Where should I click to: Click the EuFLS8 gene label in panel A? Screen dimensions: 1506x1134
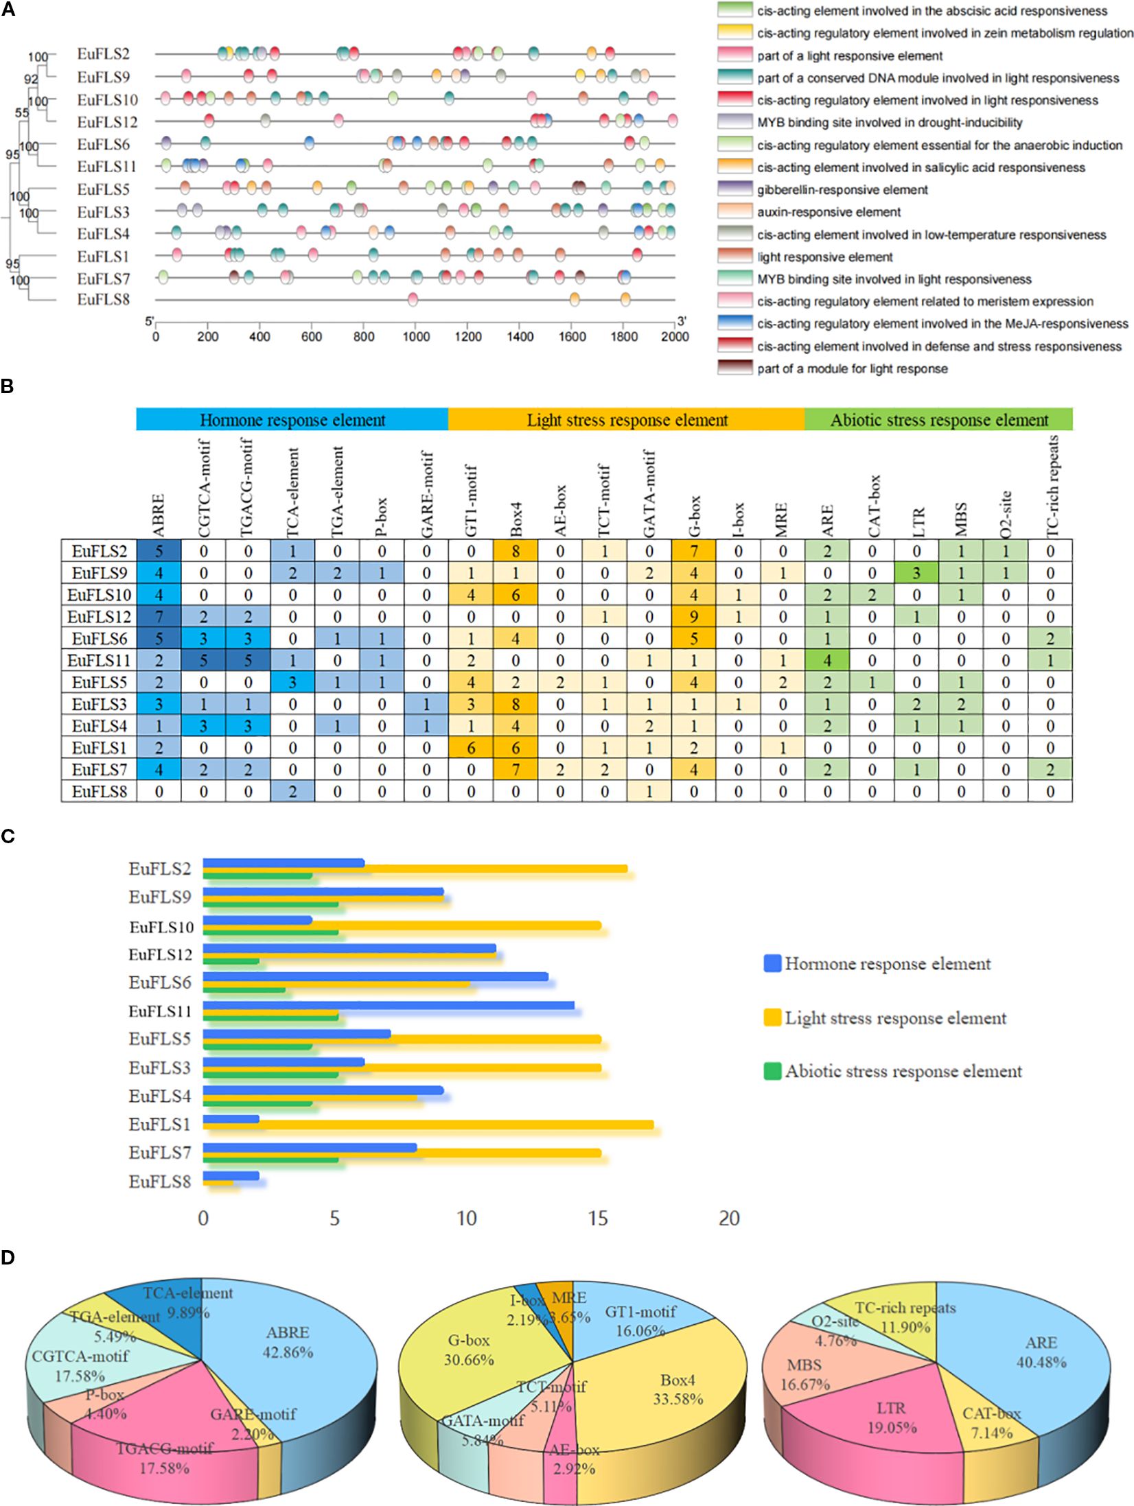tap(103, 300)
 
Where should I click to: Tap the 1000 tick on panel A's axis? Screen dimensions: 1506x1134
tap(415, 336)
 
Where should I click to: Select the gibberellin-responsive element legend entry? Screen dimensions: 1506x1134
tap(842, 190)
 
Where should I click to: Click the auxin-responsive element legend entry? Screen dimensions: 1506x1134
tap(829, 212)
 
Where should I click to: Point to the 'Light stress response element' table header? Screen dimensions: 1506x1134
tap(626, 420)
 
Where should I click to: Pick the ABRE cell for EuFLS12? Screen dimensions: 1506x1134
tap(159, 616)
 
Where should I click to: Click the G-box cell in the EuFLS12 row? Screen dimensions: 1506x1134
tap(694, 616)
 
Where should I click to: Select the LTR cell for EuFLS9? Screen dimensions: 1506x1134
tap(916, 572)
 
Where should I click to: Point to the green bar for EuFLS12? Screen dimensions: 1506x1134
tap(231, 961)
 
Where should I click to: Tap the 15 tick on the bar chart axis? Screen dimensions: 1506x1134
tap(598, 1217)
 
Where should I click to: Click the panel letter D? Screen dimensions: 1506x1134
tap(8, 1257)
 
